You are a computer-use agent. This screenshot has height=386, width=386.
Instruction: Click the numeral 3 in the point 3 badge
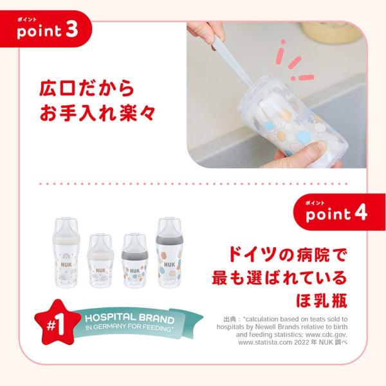(x=71, y=30)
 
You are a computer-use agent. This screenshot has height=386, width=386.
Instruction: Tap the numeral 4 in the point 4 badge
(x=360, y=213)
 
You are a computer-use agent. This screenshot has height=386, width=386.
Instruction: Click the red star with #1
(x=57, y=323)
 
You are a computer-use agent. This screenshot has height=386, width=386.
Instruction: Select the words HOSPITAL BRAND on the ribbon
(x=129, y=318)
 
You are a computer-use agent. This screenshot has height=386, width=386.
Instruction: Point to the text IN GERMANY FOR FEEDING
(x=129, y=327)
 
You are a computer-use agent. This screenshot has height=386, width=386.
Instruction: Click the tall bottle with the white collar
(x=66, y=253)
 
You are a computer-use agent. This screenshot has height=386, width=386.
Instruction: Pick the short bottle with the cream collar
(x=100, y=261)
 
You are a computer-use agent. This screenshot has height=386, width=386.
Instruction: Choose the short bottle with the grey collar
(x=134, y=261)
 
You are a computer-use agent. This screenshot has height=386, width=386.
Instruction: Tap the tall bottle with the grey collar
(x=169, y=253)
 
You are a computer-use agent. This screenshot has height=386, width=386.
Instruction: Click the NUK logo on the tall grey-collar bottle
(x=169, y=264)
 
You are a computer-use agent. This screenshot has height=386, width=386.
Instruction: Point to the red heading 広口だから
(x=87, y=88)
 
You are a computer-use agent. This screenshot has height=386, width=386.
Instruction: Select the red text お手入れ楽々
(x=97, y=113)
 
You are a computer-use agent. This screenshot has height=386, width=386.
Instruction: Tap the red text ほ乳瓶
(x=321, y=300)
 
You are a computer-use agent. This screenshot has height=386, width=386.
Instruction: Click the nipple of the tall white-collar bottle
(x=66, y=226)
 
